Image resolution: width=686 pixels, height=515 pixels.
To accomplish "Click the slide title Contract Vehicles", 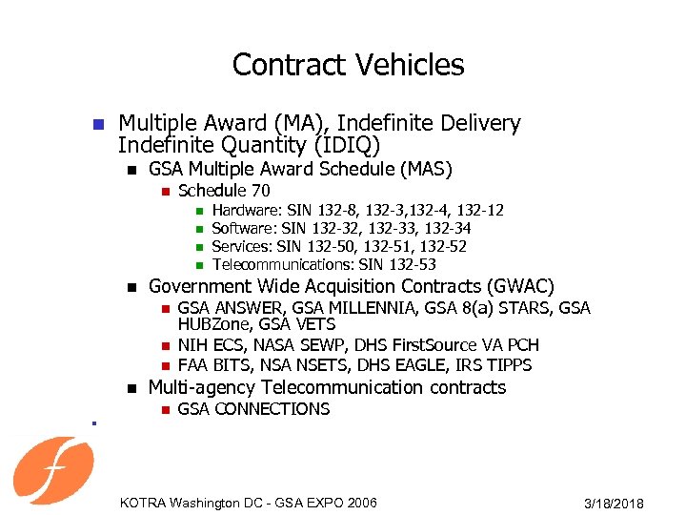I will [348, 65].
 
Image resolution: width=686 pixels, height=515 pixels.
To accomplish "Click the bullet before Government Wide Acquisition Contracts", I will [130, 287].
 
